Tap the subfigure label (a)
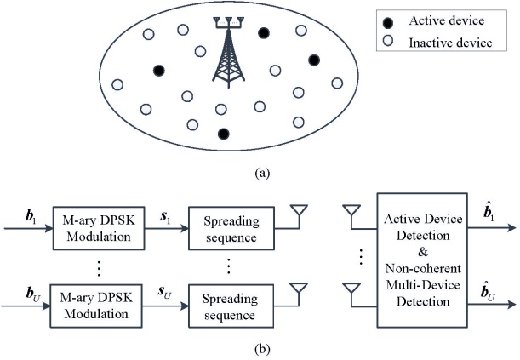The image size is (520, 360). point(261,173)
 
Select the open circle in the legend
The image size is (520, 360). point(388,40)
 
